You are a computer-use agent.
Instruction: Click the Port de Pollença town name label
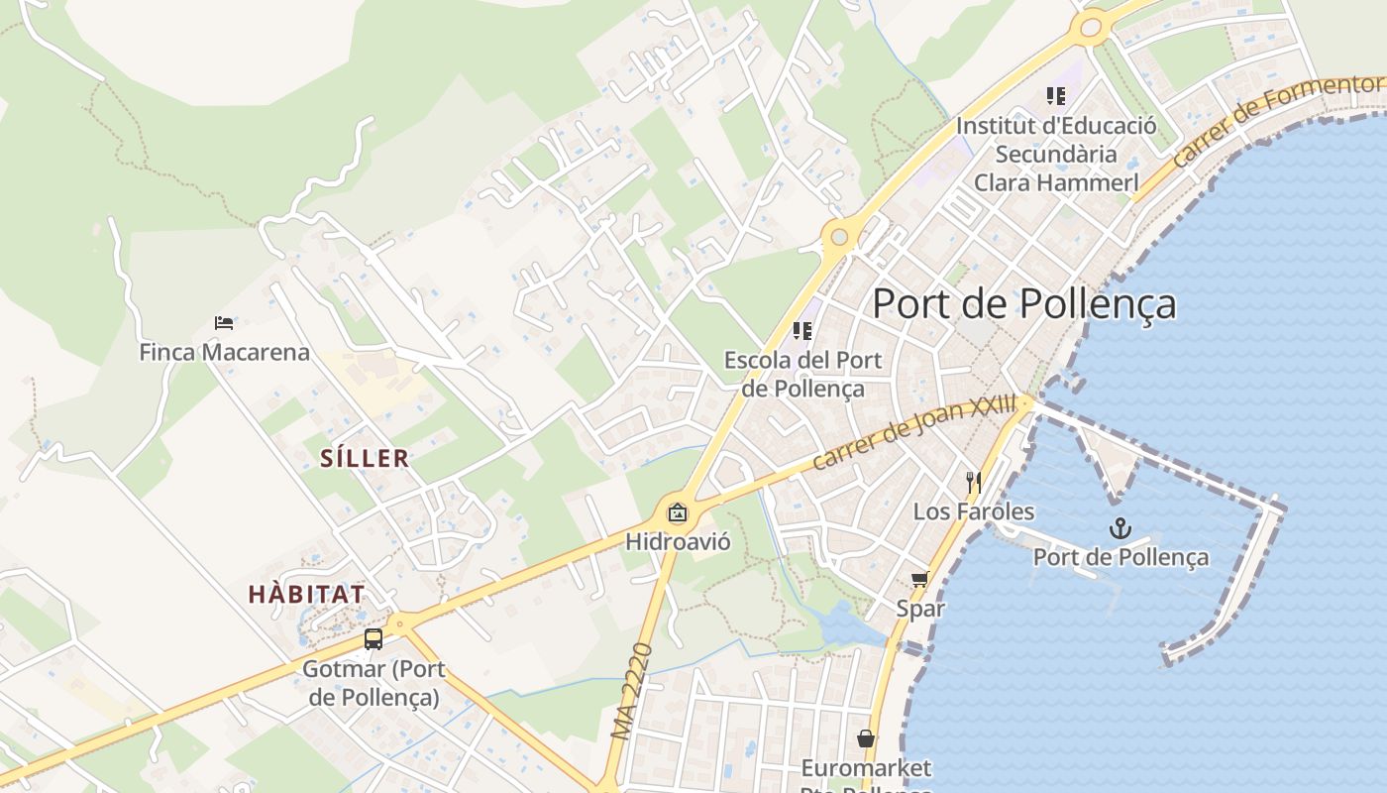click(1023, 304)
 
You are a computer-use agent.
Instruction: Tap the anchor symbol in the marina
click(1120, 527)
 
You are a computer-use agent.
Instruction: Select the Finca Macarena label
click(224, 352)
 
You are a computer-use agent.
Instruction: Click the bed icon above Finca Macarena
click(224, 323)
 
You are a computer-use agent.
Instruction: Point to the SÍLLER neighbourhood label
click(365, 458)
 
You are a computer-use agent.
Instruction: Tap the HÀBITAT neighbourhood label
click(306, 595)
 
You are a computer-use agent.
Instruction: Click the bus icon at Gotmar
click(373, 639)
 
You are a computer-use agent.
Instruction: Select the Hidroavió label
click(678, 542)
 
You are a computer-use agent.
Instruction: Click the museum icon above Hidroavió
click(678, 512)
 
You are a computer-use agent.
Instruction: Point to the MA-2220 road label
click(632, 692)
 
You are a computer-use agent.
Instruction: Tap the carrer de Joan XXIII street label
click(913, 433)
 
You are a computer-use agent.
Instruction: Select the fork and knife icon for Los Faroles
click(974, 483)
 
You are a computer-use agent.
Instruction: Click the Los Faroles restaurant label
click(974, 511)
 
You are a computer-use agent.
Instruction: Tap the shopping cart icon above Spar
click(920, 579)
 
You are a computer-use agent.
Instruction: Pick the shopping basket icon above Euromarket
click(866, 738)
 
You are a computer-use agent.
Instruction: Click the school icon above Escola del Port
click(802, 331)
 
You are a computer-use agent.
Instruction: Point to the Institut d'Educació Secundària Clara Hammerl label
click(1056, 155)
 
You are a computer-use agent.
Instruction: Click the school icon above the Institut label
click(1056, 96)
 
